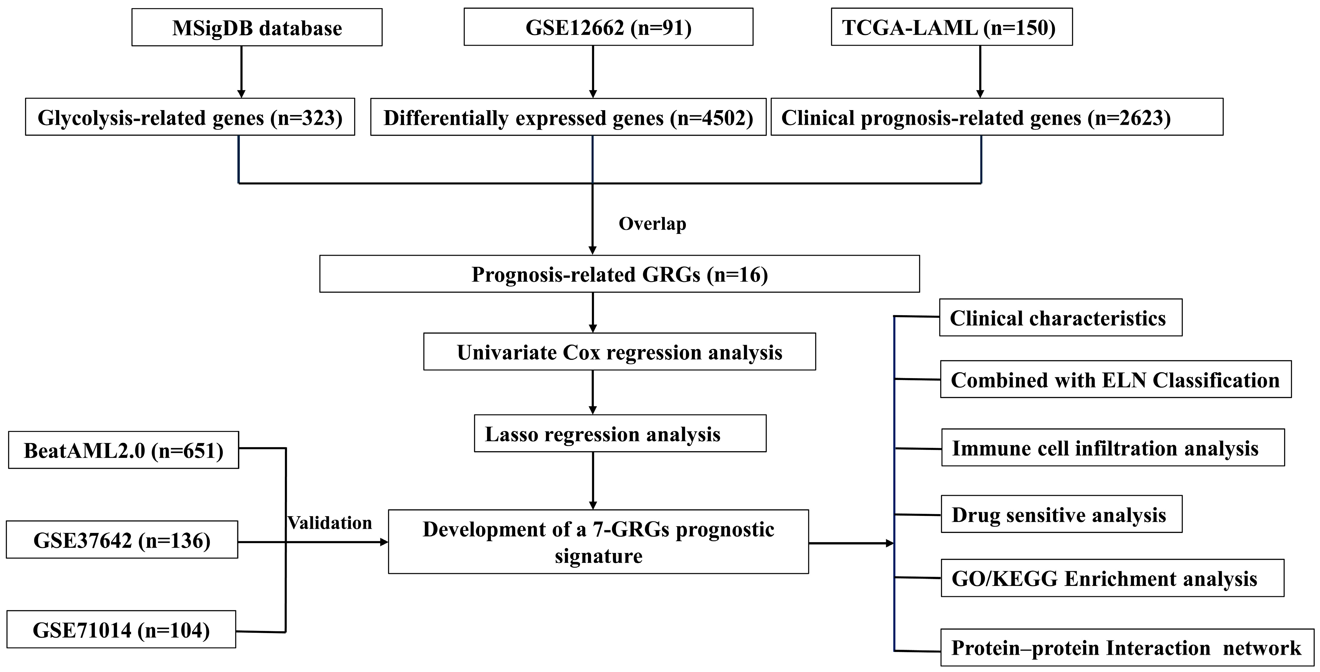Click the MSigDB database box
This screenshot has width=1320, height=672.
(x=257, y=28)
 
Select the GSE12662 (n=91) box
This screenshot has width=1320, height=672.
(x=608, y=27)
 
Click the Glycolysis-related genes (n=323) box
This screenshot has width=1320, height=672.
(x=190, y=117)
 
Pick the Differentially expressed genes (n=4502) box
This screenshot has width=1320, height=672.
(x=568, y=117)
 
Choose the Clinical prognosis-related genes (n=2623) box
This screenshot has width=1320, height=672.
(x=997, y=117)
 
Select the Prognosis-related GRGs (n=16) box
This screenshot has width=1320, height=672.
(x=620, y=274)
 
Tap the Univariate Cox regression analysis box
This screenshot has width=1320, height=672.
(x=620, y=352)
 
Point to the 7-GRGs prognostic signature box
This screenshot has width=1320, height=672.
(x=598, y=542)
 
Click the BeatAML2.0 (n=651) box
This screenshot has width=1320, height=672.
(x=123, y=450)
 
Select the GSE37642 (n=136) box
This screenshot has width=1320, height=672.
(x=122, y=540)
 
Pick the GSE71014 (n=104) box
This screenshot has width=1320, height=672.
(x=121, y=629)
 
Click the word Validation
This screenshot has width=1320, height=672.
(x=330, y=523)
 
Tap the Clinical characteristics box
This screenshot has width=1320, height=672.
(x=1060, y=318)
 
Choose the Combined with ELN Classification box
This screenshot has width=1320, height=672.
(x=1115, y=380)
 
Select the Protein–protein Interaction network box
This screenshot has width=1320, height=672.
(x=1127, y=647)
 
